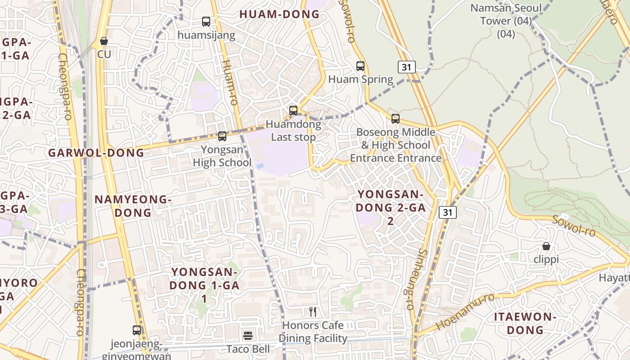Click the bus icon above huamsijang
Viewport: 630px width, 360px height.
206,21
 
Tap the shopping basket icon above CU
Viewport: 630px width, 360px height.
104,41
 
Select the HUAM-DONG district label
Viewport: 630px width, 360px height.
279,14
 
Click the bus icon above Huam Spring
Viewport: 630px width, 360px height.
360,66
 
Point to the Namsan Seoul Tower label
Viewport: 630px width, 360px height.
506,14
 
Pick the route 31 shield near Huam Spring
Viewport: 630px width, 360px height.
406,67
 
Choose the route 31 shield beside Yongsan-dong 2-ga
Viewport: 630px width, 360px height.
448,212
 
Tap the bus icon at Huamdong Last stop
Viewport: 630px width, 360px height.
293,110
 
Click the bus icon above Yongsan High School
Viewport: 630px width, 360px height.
222,136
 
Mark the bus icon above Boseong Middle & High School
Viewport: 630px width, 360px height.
395,119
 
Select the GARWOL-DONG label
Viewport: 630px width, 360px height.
96,153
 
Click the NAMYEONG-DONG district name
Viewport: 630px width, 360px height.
133,206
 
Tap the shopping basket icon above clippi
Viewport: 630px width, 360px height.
546,246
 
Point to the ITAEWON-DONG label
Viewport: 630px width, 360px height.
525,323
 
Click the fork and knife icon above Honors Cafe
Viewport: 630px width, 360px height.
313,311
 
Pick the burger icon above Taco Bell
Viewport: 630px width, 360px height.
248,335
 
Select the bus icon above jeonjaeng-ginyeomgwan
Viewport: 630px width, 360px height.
137,330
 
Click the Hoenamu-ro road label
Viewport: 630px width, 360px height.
465,311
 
